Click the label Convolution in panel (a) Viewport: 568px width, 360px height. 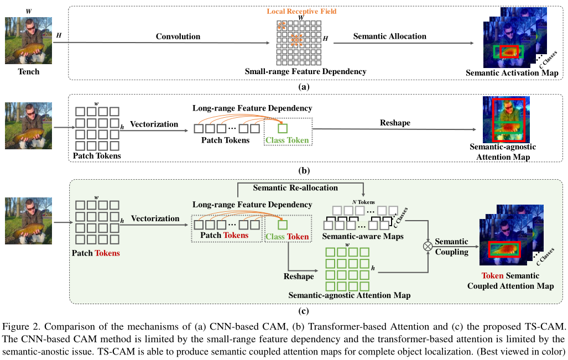pyautogui.click(x=178, y=36)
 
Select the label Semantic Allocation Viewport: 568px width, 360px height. pyautogui.click(x=389, y=36)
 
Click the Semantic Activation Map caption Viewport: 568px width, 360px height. pyautogui.click(x=512, y=72)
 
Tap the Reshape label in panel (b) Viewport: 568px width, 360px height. pyautogui.click(x=395, y=123)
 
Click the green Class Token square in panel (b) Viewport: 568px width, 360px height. pyautogui.click(x=283, y=129)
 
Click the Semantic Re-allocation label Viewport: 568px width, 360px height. pyautogui.click(x=295, y=188)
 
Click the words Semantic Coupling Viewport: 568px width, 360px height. pyautogui.click(x=451, y=247)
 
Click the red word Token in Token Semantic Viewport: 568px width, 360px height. pyautogui.click(x=493, y=276)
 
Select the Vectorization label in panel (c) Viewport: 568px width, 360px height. pyautogui.click(x=155, y=218)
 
